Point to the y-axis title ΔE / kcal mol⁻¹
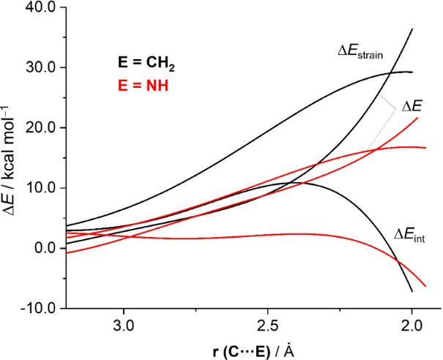coord(12,157)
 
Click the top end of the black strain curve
coord(412,29)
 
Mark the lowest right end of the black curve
coord(412,291)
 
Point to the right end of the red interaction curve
coord(425,285)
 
